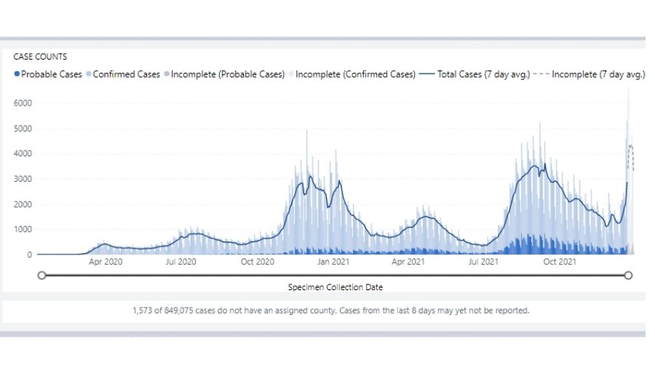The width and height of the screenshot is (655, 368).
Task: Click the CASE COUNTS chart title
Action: pyautogui.click(x=41, y=56)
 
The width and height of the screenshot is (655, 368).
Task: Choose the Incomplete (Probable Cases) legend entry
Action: pyautogui.click(x=227, y=74)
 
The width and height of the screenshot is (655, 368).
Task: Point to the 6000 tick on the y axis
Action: pyautogui.click(x=23, y=103)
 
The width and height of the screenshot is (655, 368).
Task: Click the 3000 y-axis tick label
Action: pyautogui.click(x=23, y=179)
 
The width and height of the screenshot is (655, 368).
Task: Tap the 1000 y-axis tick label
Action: pyautogui.click(x=23, y=229)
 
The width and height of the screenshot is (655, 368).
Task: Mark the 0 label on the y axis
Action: pyautogui.click(x=29, y=255)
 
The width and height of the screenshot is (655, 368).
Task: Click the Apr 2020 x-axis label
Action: pyautogui.click(x=106, y=262)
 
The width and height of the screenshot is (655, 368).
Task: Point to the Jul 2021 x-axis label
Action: pyautogui.click(x=483, y=262)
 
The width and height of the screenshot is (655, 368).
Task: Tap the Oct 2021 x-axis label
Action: pyautogui.click(x=560, y=262)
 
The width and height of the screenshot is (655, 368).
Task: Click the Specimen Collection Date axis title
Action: pyautogui.click(x=335, y=287)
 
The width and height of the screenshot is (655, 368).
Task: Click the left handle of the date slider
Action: pyautogui.click(x=41, y=275)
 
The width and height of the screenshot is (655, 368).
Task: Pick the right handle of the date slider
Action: pyautogui.click(x=628, y=275)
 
